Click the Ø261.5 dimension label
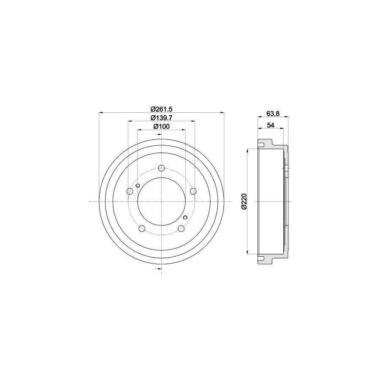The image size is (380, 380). pyautogui.click(x=161, y=109)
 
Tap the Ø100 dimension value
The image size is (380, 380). pyautogui.click(x=161, y=126)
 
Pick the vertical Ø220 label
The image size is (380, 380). pyautogui.click(x=244, y=202)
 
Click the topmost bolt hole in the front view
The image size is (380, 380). pyautogui.click(x=161, y=168)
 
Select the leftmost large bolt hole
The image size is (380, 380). pyautogui.click(x=130, y=192)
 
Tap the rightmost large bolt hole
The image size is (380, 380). pyautogui.click(x=193, y=192)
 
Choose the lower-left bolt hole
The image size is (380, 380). pyautogui.click(x=142, y=228)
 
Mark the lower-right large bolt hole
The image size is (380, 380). pyautogui.click(x=181, y=228)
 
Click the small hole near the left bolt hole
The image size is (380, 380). pyautogui.click(x=138, y=185)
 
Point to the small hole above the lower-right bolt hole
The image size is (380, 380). pyautogui.click(x=185, y=218)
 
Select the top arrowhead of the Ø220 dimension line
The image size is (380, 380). pyautogui.click(x=247, y=151)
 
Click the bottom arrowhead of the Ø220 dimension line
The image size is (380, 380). pyautogui.click(x=247, y=253)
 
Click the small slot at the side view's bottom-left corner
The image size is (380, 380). pyautogui.click(x=261, y=258)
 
